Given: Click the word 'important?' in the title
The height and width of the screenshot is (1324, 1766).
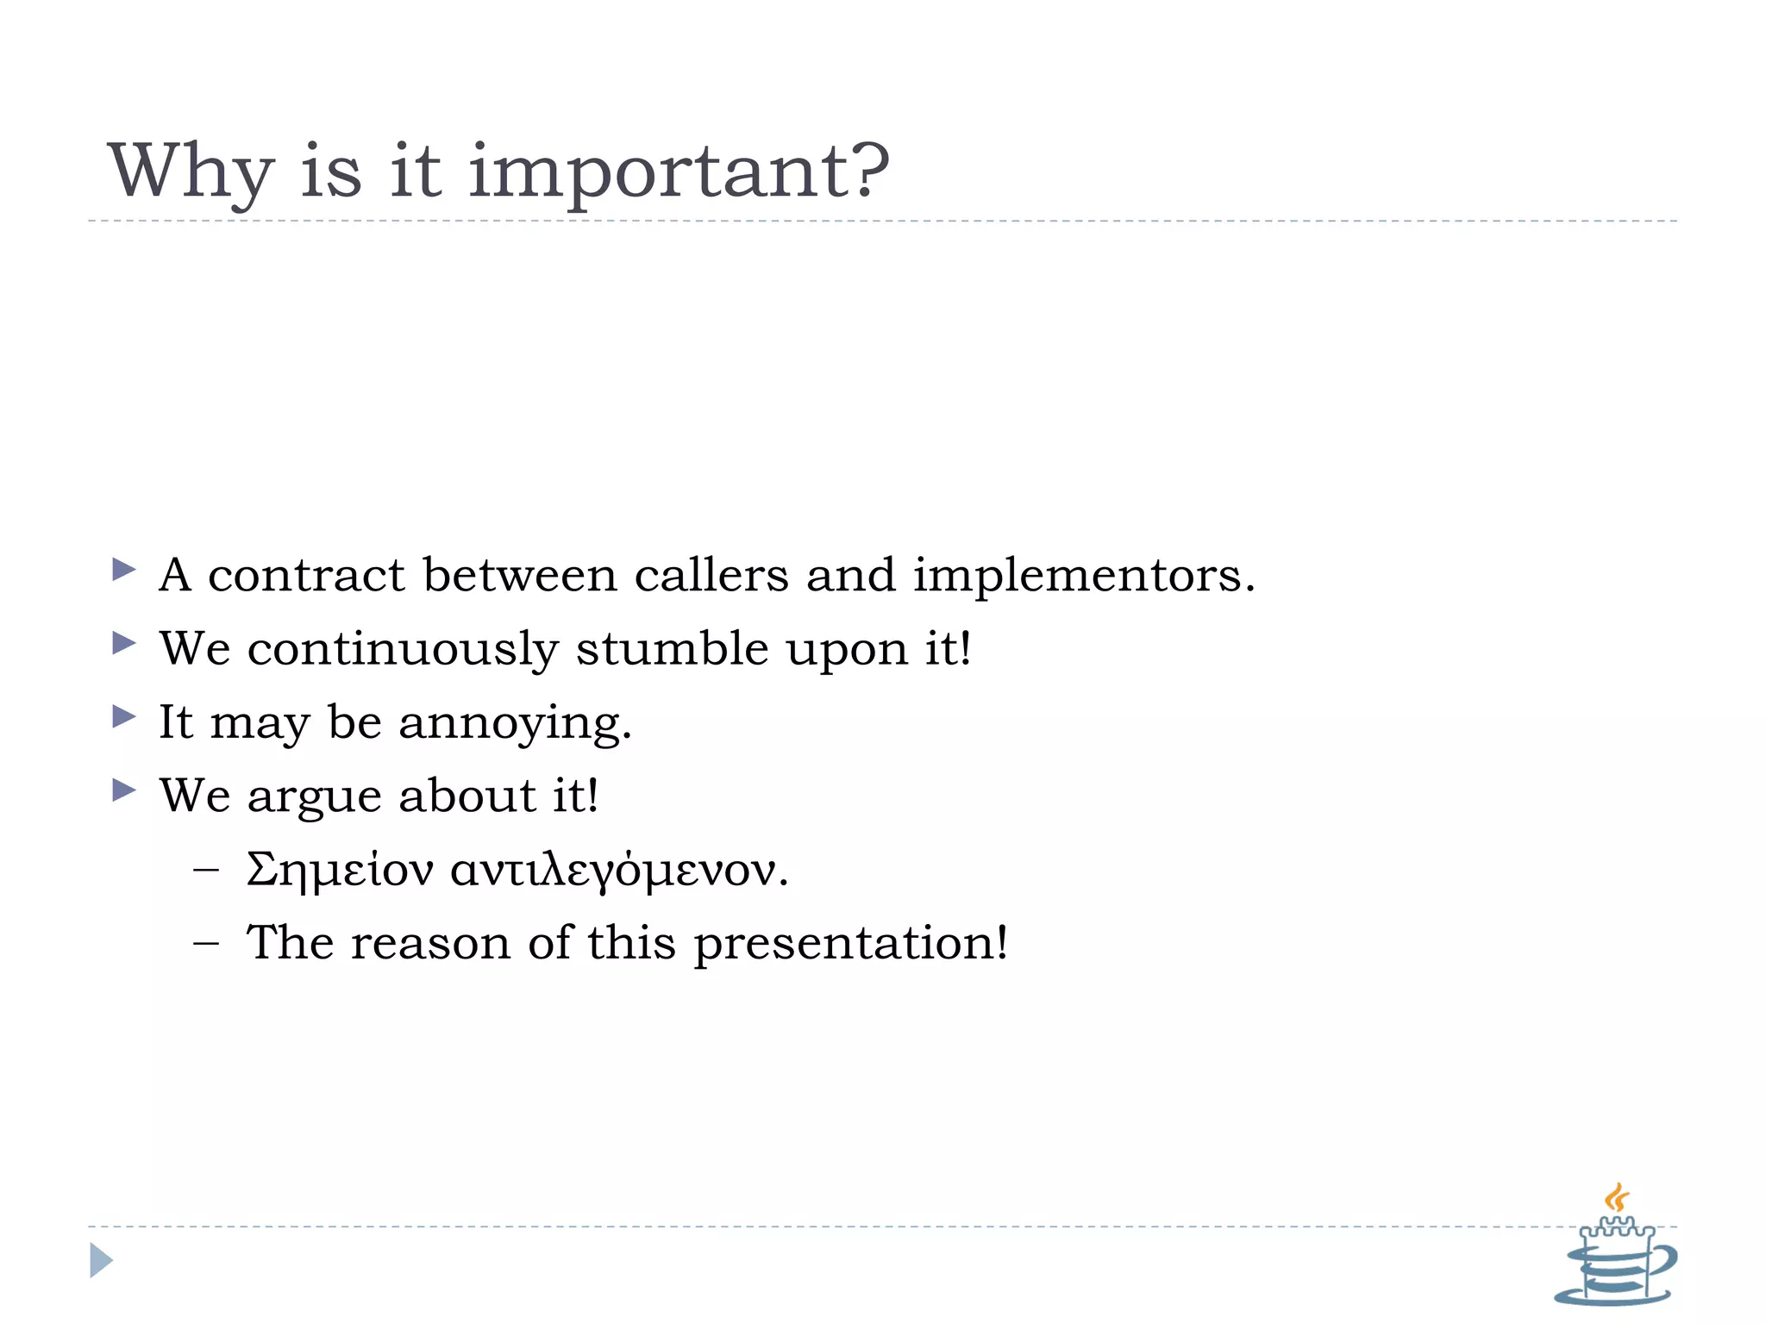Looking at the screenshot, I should [x=679, y=172].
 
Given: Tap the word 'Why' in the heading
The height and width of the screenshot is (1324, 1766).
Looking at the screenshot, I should [x=191, y=172].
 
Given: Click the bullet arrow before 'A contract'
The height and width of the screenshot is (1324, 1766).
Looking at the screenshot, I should [x=124, y=569].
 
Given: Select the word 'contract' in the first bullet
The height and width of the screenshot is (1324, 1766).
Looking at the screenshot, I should [x=305, y=575].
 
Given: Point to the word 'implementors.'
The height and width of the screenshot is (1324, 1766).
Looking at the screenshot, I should [x=1084, y=577].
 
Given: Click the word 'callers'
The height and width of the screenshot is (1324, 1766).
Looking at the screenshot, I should [x=711, y=575].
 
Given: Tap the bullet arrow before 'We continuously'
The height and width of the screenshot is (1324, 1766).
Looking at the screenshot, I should [x=124, y=642].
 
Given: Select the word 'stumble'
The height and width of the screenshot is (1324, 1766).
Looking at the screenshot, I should [x=672, y=648].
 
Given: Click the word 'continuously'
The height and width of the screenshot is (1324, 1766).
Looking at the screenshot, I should [x=403, y=650].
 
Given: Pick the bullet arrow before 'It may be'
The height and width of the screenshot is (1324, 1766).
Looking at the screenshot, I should [x=124, y=715].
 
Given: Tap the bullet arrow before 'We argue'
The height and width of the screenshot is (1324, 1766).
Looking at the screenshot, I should [x=124, y=790].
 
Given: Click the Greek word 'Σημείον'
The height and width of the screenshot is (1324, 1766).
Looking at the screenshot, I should [x=340, y=870].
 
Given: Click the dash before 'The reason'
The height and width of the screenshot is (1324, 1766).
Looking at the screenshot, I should [x=206, y=943].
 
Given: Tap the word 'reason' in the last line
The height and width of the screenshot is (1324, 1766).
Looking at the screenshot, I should [x=430, y=943].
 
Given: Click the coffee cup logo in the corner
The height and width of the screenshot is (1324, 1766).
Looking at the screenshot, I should [x=1615, y=1251].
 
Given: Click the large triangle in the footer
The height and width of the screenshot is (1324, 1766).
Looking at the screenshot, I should [x=101, y=1260].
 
